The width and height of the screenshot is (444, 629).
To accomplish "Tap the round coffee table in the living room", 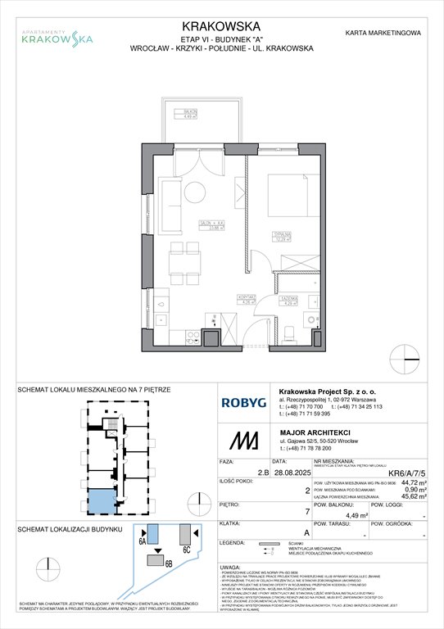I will (193, 192).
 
